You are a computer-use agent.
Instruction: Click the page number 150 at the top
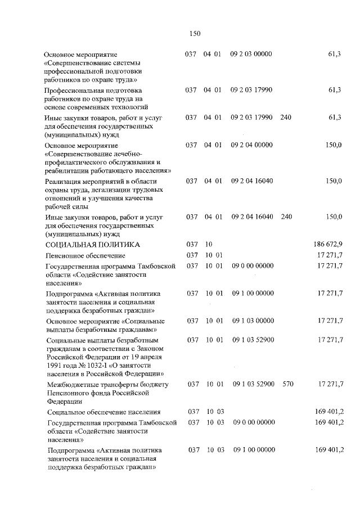click(x=195, y=34)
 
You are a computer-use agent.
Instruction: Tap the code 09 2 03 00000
click(x=251, y=55)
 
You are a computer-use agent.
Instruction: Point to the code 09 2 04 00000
click(x=251, y=145)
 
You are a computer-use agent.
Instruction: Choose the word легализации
click(x=99, y=190)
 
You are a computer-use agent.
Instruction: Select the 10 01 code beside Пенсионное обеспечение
click(x=214, y=256)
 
